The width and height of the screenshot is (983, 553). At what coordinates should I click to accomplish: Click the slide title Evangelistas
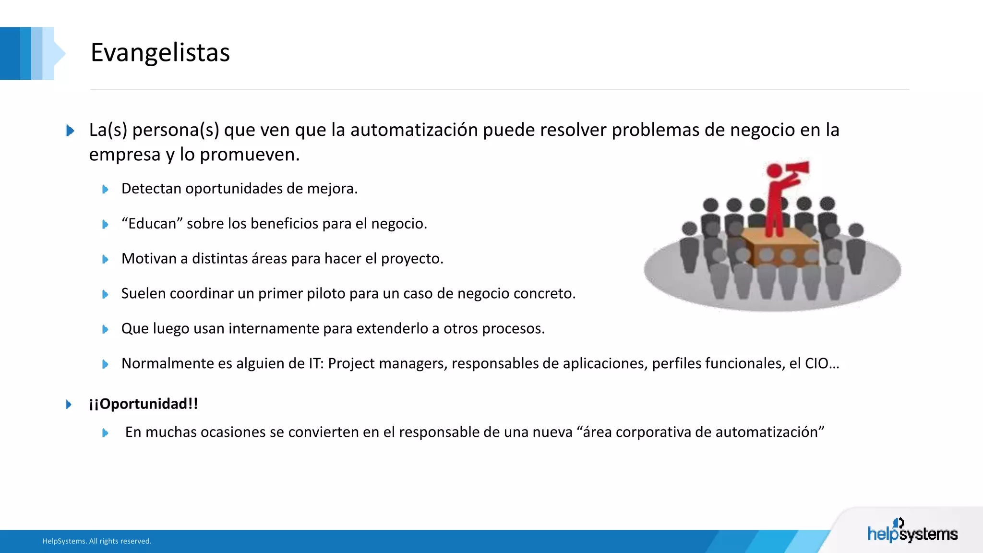[x=160, y=52]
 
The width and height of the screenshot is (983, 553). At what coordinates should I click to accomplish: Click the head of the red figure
[x=774, y=170]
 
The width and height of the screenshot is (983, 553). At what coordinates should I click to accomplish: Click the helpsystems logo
[x=912, y=532]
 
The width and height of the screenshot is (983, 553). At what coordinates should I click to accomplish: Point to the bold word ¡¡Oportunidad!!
[x=144, y=404]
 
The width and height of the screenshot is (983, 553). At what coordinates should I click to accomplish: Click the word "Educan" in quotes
[x=152, y=224]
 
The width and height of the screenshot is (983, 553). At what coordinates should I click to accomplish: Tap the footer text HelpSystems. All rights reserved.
[x=97, y=541]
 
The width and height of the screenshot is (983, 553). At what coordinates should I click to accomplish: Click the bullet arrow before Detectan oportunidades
[x=105, y=189]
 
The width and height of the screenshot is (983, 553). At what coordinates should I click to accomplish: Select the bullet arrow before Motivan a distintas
[x=105, y=259]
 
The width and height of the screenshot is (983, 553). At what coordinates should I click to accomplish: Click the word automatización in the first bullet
[x=414, y=130]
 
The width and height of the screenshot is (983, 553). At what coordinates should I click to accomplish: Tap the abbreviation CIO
[x=816, y=363]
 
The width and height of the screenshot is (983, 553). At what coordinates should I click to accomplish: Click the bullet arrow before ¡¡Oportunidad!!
[x=69, y=404]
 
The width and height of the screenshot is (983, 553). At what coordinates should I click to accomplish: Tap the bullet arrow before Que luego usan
[x=105, y=329]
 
